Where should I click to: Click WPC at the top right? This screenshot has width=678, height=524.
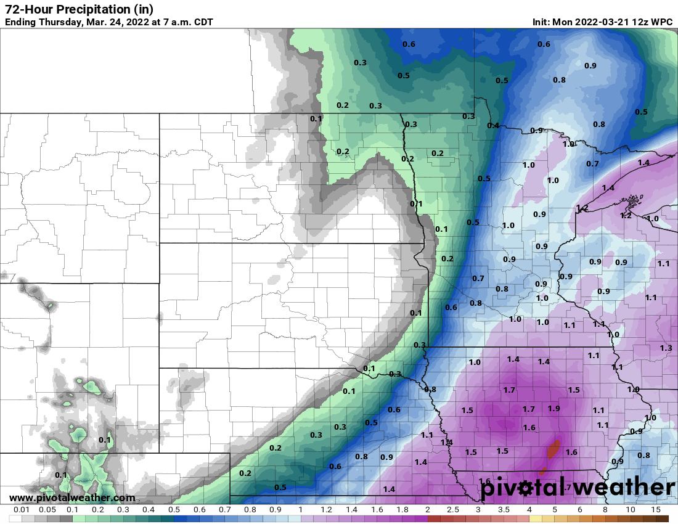[x=662, y=22]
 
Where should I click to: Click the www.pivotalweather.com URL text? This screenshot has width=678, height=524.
[x=72, y=497]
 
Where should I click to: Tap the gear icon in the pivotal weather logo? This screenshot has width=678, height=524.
[x=526, y=489]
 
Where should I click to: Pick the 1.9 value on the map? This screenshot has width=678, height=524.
[x=553, y=409]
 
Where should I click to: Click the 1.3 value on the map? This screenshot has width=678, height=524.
[x=666, y=348]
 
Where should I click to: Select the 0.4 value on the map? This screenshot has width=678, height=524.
[x=493, y=126]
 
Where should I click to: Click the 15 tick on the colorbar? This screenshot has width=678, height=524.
[x=656, y=510]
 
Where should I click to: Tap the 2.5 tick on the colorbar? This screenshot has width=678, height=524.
[x=452, y=510]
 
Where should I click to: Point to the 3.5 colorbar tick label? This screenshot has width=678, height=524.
[x=504, y=510]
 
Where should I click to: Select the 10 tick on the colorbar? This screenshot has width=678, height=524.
[x=631, y=510]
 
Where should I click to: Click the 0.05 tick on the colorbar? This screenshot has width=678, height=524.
[x=47, y=510]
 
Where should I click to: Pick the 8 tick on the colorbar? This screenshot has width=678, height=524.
[x=605, y=510]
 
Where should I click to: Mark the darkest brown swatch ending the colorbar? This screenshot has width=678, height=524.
[x=662, y=518]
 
